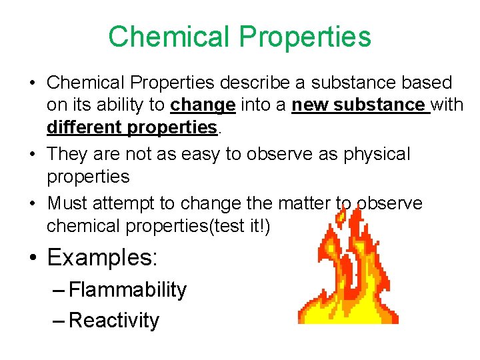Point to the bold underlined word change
click(x=203, y=105)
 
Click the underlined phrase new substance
click(x=360, y=105)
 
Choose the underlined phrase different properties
click(x=132, y=127)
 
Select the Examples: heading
click(x=102, y=257)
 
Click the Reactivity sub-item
click(x=114, y=320)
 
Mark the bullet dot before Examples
click(x=33, y=258)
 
